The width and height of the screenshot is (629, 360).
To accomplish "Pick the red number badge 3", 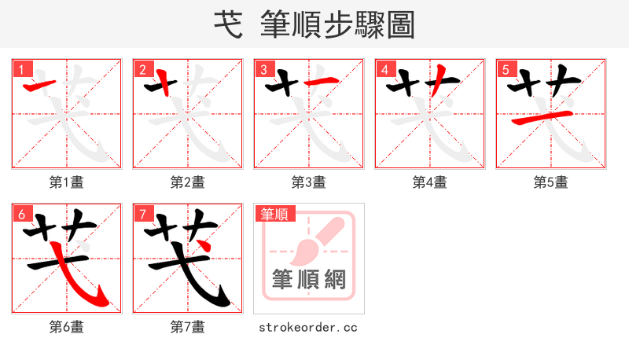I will pos(264,69).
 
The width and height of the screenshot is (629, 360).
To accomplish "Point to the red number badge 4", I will pos(385,69).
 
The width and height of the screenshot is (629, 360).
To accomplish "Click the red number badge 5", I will pos(506,69).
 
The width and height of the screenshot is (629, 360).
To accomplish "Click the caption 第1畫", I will pos(67,182).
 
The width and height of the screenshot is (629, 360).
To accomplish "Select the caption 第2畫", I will pos(188,182).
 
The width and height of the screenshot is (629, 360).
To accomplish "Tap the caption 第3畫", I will pos(309,182).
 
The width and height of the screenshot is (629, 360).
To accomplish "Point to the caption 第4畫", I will pos(430,182).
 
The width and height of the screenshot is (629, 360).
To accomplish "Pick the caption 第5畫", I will pos(551,182).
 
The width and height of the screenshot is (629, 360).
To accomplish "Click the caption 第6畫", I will pos(67,327).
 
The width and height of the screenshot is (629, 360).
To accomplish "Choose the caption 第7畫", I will pos(188,327).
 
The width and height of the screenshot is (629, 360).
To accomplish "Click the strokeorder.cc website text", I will pos(309,327).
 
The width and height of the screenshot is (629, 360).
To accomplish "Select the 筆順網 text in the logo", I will pos(309,280).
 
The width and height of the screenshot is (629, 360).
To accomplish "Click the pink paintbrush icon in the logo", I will pos(314,240).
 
